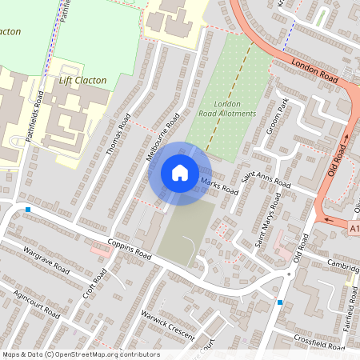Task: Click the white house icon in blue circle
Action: (x=180, y=173)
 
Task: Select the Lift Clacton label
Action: (x=83, y=80)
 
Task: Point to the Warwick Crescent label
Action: (x=167, y=325)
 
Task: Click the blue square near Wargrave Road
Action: (x=28, y=210)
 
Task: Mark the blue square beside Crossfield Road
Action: (x=279, y=302)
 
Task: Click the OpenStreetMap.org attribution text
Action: (x=80, y=354)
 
